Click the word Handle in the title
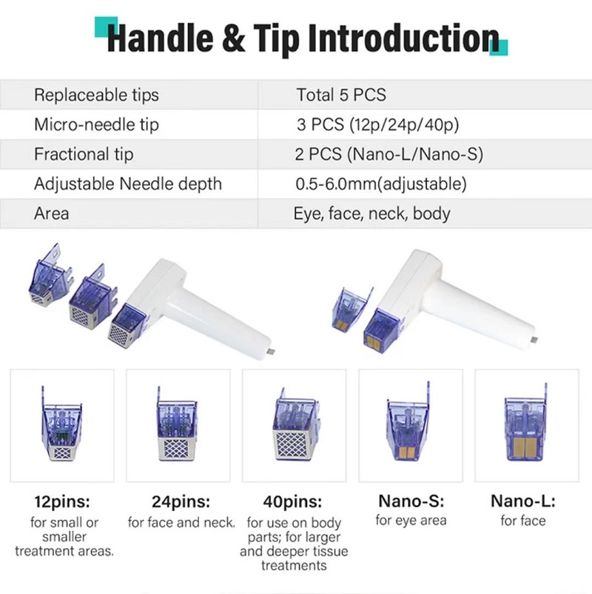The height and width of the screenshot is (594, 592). pos(160,38)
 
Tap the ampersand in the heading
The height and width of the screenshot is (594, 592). pos(233,38)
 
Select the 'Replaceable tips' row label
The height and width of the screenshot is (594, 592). pos(96,95)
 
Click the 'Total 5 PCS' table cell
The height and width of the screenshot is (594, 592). pos(341,95)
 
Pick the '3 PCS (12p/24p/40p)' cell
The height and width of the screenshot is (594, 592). pos(377,124)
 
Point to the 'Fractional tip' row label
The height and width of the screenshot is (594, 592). pos(84,154)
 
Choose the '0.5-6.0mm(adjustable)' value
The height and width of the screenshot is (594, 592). pos(381,184)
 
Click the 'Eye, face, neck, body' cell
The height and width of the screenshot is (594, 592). pos(371,213)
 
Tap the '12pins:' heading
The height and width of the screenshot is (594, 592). pos(62,501)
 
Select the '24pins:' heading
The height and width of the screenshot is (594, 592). pos(181,501)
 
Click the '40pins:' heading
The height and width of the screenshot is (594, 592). pos(292,501)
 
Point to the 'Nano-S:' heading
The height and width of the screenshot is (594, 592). pos(411,501)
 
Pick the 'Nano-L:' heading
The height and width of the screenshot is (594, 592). pos(523,501)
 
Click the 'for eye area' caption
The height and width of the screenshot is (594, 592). pos(411,520)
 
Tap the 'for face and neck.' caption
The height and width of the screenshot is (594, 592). pos(181,522)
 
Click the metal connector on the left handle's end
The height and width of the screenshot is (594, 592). pos(271,353)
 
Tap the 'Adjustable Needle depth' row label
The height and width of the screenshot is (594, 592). pos(128,184)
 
